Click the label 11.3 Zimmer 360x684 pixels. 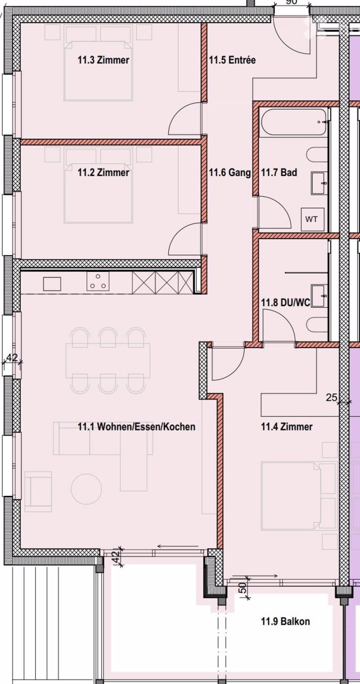point(103,60)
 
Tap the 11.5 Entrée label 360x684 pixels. point(232,60)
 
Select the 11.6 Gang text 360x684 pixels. point(230,173)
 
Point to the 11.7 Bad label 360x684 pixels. point(279,173)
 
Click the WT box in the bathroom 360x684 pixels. point(311,219)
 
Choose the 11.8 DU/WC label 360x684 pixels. point(286,303)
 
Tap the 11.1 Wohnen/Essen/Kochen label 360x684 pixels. point(136,426)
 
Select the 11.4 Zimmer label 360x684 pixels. point(287,426)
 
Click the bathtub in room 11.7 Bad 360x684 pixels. point(293,122)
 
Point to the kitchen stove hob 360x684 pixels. point(98,281)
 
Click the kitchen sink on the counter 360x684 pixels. point(52,284)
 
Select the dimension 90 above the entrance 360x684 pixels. point(292,2)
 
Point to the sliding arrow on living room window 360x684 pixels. point(177,546)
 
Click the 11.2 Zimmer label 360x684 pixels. point(103,173)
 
